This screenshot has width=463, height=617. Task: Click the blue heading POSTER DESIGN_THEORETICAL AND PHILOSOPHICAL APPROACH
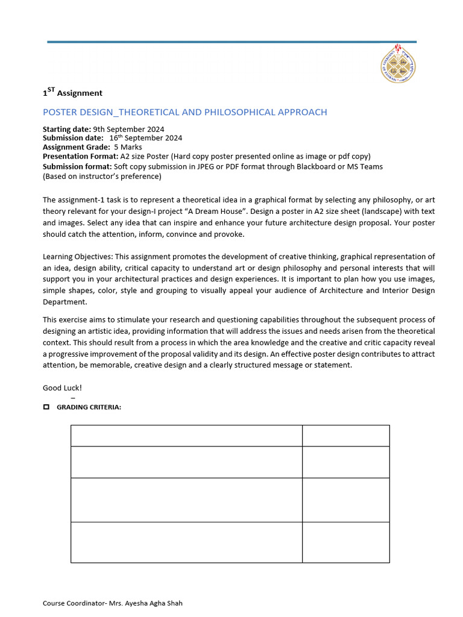[x=184, y=112]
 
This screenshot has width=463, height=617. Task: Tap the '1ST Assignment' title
[x=72, y=93]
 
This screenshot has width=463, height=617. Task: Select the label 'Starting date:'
[x=66, y=129]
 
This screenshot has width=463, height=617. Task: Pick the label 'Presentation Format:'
[x=80, y=156]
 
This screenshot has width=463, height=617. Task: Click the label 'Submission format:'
[x=77, y=166]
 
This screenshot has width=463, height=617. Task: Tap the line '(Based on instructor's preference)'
[x=102, y=177]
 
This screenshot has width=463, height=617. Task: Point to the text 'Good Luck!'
[x=62, y=387]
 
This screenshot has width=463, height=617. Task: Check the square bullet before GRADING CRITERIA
[x=46, y=407]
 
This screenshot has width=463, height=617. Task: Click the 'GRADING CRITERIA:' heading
[x=89, y=407]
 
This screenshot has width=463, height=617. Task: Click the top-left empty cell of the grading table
[x=186, y=436]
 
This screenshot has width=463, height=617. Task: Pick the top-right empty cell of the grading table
[x=345, y=436]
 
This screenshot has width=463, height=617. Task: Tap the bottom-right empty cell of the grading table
[x=345, y=542]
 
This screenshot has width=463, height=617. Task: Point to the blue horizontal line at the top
[x=231, y=42]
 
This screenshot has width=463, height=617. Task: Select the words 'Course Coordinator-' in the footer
[x=75, y=603]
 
